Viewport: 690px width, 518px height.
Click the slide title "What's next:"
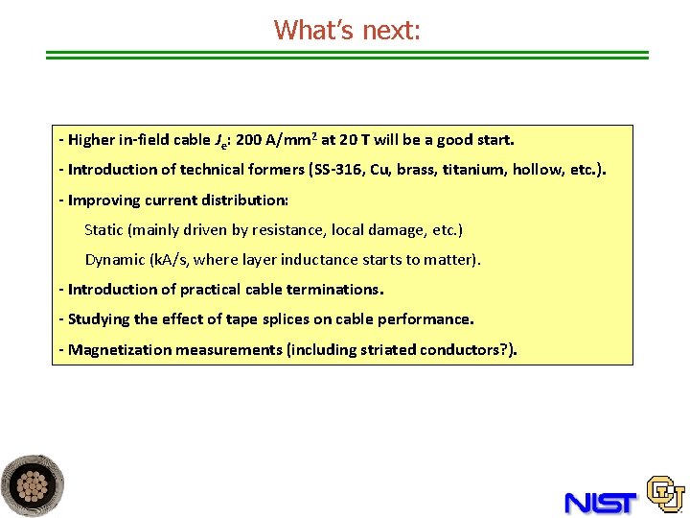[347, 30]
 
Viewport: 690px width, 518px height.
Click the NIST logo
[601, 501]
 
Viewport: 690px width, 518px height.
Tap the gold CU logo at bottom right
[665, 494]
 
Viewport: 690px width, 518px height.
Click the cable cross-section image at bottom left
[33, 486]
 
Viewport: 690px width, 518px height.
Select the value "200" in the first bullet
[249, 140]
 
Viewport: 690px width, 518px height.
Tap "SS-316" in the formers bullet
[339, 170]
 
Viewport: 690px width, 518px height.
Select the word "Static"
[104, 230]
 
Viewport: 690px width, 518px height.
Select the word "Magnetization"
[115, 350]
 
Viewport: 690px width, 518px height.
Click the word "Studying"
[99, 319]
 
